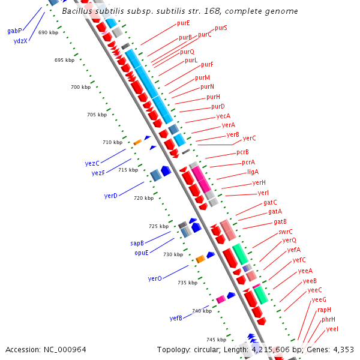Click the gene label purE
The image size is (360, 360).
click(x=184, y=23)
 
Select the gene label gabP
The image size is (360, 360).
click(x=14, y=30)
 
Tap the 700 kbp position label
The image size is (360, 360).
click(x=80, y=88)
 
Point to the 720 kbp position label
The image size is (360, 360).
click(x=143, y=198)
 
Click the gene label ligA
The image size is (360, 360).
click(x=253, y=172)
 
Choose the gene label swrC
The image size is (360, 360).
click(x=286, y=231)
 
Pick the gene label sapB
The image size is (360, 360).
click(x=137, y=244)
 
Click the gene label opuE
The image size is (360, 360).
click(x=142, y=253)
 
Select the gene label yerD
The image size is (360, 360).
click(x=111, y=196)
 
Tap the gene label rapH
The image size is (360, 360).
click(x=325, y=310)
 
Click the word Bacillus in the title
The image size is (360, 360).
click(x=79, y=11)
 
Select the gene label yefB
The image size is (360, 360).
click(x=176, y=318)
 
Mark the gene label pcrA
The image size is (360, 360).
click(x=248, y=162)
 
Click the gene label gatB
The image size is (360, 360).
click(x=280, y=221)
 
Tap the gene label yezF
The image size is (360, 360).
click(x=98, y=173)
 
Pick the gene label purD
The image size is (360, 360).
click(x=218, y=106)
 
